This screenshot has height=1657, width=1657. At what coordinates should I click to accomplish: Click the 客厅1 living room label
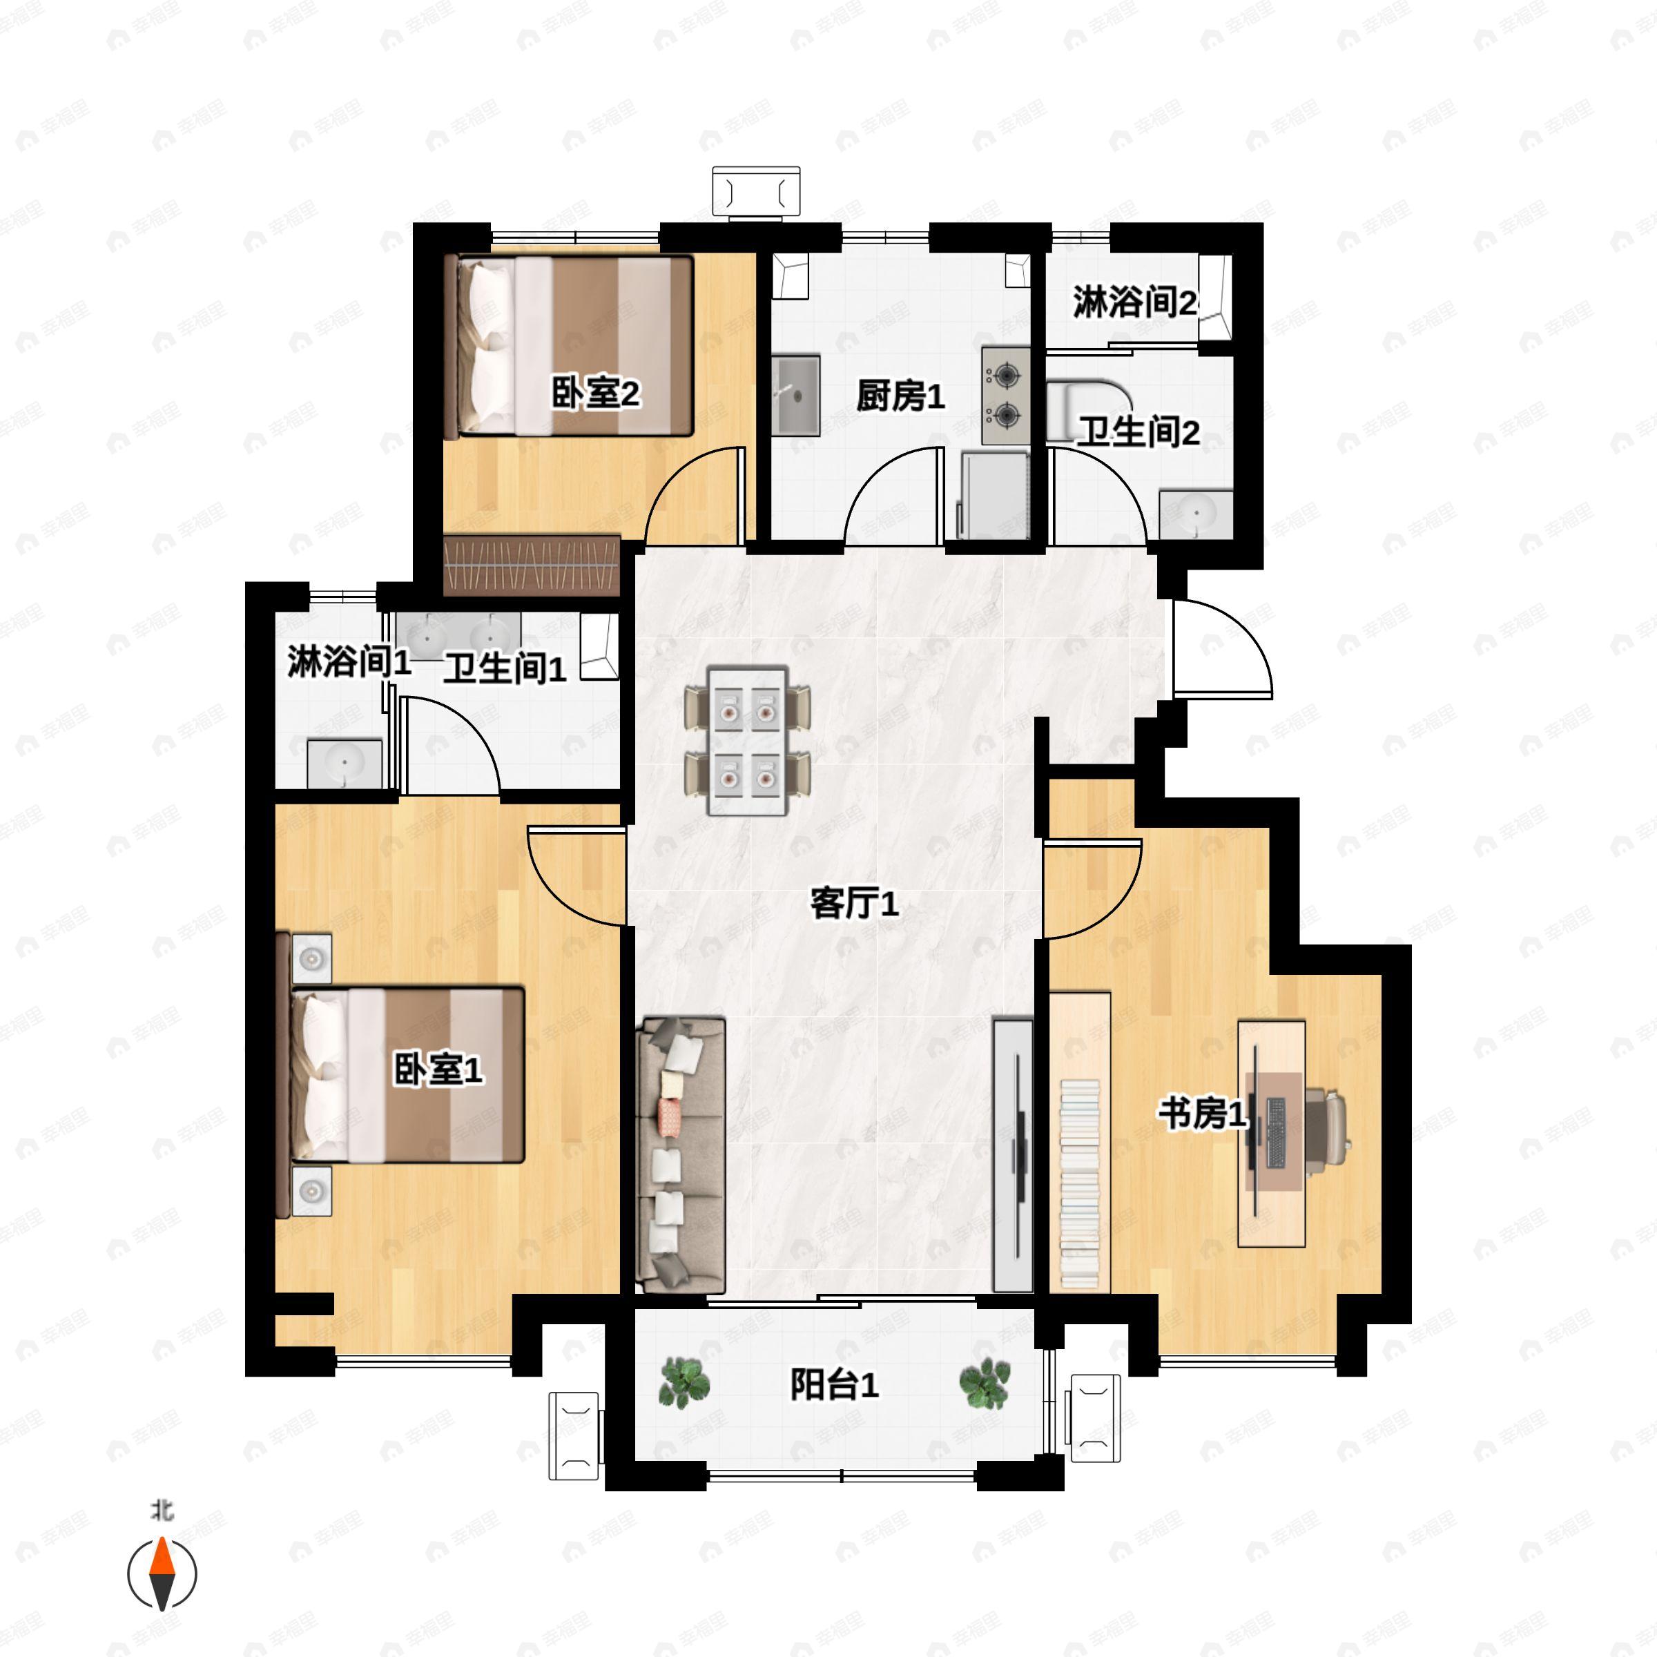click(x=854, y=903)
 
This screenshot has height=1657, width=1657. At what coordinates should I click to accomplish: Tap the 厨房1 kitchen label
click(x=900, y=396)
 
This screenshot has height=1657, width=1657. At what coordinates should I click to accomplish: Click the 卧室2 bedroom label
click(x=595, y=394)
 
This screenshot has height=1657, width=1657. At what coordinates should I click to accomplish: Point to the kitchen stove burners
click(x=1006, y=396)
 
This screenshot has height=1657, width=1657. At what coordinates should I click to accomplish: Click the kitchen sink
click(x=796, y=396)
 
